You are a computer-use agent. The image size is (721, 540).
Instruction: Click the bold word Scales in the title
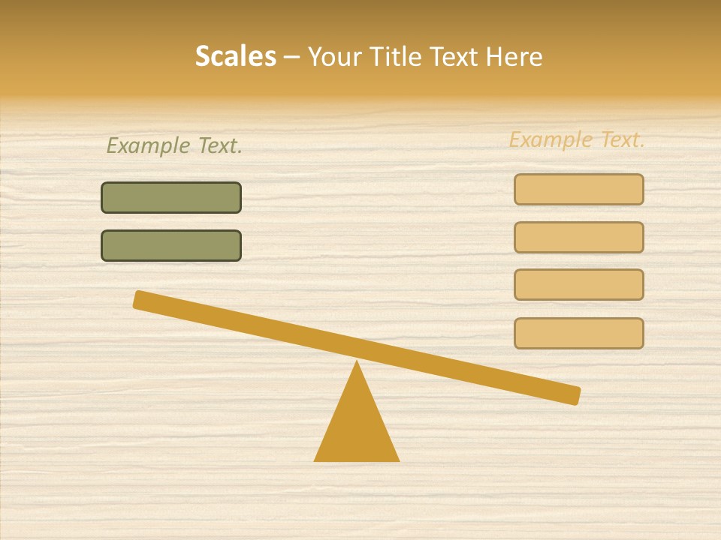pos(235,56)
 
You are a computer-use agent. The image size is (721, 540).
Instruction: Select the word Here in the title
pos(514,56)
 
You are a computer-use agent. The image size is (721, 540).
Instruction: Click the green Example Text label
pos(174,145)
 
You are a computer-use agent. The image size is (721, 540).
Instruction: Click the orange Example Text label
pos(577,139)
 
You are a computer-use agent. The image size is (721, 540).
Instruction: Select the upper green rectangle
pos(171,198)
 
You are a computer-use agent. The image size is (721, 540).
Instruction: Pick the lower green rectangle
pos(171,246)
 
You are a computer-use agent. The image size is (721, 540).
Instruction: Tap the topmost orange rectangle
pos(579,190)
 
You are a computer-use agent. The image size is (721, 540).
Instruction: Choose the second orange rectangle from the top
pos(579,238)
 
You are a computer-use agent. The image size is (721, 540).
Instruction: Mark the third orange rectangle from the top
pos(579,285)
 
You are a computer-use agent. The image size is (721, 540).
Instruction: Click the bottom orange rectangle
pos(579,333)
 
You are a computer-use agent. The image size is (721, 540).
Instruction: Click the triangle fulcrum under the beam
pos(357,427)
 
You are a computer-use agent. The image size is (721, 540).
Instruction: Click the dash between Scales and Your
pos(292,57)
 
